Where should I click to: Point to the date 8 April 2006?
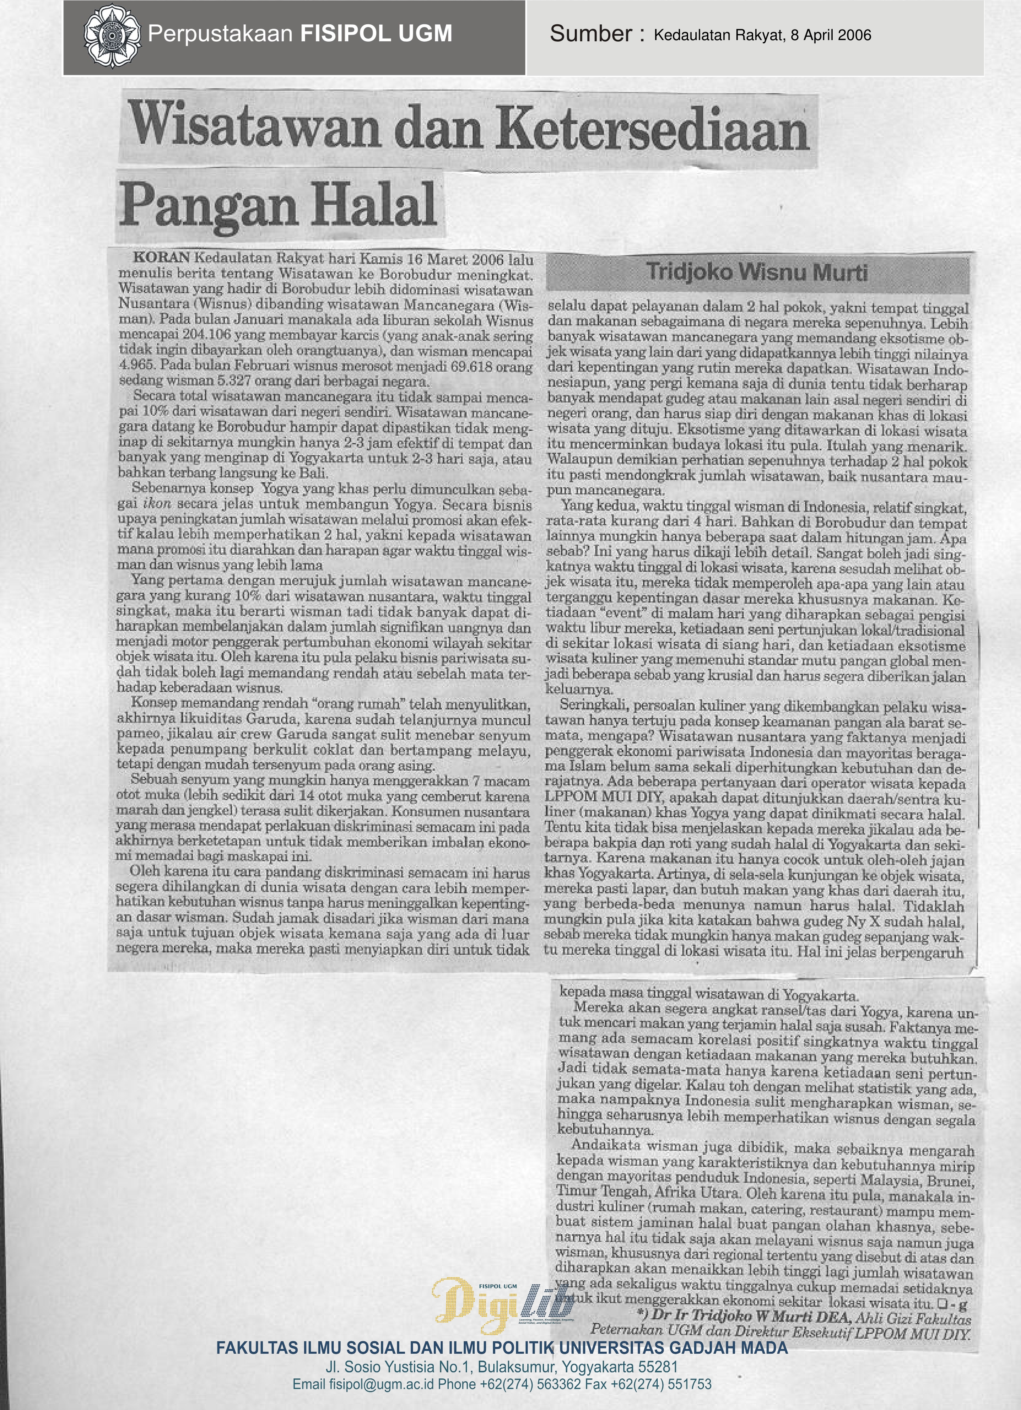(831, 36)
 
